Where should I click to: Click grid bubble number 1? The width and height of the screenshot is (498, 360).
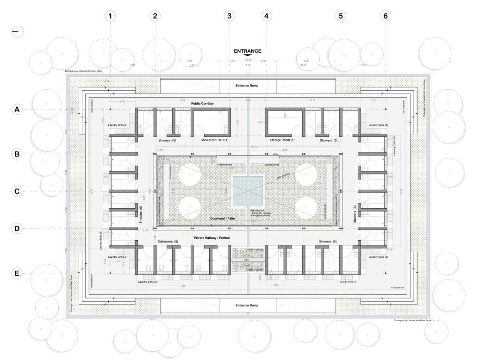tap(110, 16)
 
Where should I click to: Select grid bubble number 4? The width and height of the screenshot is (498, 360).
tap(266, 16)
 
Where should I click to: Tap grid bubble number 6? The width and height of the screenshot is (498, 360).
tap(386, 16)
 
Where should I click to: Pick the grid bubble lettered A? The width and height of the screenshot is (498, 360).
tap(17, 110)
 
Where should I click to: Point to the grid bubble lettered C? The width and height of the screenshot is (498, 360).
tap(17, 192)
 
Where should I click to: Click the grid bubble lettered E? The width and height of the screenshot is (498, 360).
tap(17, 273)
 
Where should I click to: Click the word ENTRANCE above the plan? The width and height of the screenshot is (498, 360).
tap(248, 51)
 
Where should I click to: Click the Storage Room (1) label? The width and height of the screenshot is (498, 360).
tap(282, 140)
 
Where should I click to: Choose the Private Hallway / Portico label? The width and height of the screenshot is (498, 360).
tap(212, 237)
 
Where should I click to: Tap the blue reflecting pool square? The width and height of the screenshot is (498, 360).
tap(248, 191)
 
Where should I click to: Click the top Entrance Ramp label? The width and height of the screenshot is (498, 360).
tap(247, 86)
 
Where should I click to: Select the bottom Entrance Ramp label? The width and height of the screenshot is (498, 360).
tap(247, 305)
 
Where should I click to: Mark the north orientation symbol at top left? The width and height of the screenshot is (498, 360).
tap(18, 31)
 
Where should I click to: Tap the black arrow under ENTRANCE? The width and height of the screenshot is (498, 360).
tap(248, 56)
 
